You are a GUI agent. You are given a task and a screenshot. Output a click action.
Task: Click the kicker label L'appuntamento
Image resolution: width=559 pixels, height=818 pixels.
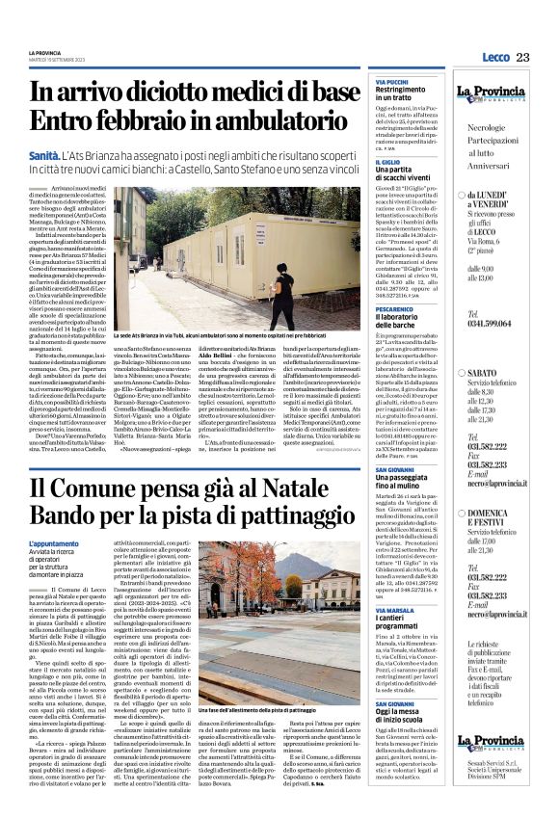point(54,544)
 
